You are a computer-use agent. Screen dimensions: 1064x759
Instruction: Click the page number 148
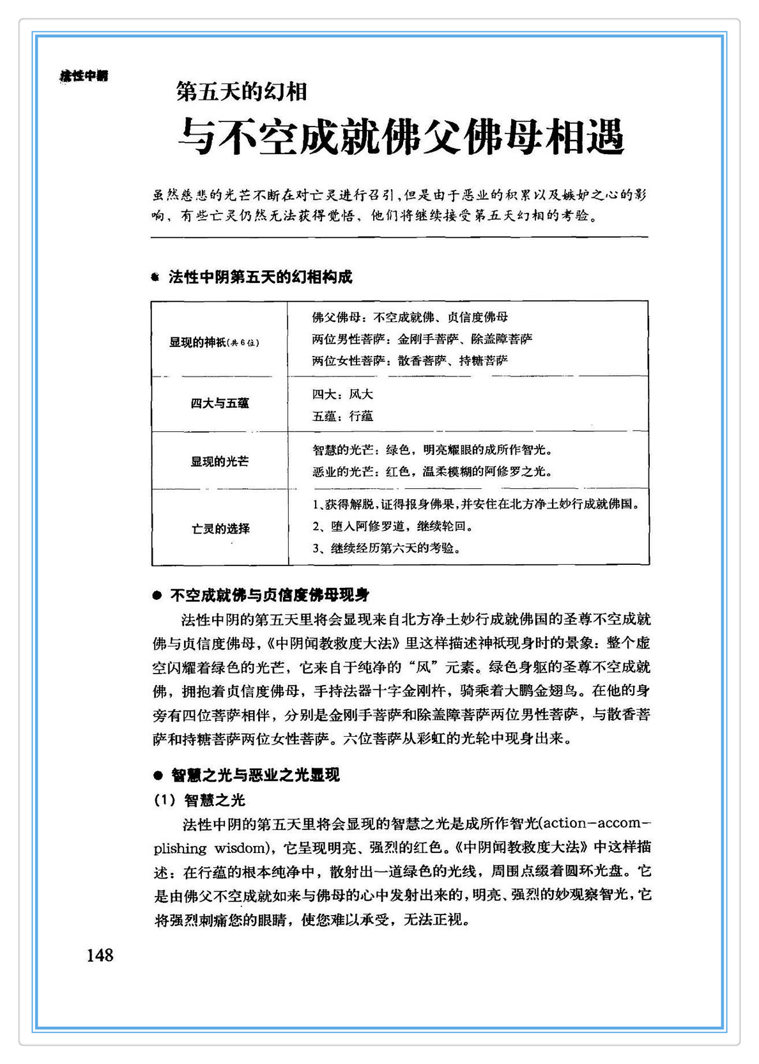coord(100,955)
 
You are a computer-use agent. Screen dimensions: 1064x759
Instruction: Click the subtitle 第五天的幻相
coord(242,92)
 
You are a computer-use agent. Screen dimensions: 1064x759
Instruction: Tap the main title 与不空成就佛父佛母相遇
coord(401,135)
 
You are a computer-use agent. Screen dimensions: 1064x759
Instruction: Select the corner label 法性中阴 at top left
coord(84,76)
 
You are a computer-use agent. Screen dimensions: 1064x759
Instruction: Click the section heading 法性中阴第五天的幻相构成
coord(260,277)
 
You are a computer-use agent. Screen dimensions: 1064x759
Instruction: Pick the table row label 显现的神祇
coord(214,343)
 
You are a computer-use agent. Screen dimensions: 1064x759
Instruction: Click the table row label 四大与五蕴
coord(220,403)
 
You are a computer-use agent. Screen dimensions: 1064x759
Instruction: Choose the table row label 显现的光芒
coord(220,461)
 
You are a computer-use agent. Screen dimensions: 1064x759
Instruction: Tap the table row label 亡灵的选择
coord(220,529)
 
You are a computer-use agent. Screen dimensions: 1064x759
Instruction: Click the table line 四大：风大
coord(342,394)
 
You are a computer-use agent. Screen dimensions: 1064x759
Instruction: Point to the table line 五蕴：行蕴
coord(342,416)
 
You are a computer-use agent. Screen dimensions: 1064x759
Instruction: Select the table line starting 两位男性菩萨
coord(422,339)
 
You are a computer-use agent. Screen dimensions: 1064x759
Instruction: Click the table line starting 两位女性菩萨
coord(410,360)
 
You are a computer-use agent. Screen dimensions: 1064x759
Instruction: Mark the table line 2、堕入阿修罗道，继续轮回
coord(393,527)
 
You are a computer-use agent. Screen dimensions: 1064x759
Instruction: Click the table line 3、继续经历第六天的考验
coord(387,548)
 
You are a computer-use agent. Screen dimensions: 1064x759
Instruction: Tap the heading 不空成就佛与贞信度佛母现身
coord(270,596)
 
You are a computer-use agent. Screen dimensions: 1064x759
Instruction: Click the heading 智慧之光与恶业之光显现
coord(255,775)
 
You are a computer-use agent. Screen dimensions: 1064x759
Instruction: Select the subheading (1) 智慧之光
coord(199,800)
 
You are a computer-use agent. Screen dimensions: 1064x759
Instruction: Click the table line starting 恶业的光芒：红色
coord(432,472)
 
